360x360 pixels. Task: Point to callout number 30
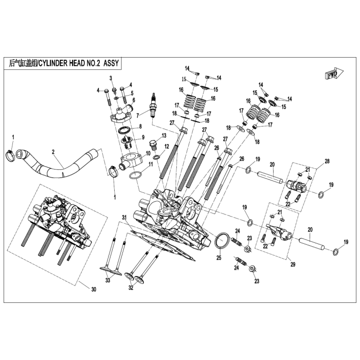coord(93,290)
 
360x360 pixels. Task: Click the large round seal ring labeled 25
coord(222,240)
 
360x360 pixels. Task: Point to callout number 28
coord(326,161)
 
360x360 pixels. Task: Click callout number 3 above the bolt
coord(110,77)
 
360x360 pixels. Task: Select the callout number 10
coord(148,153)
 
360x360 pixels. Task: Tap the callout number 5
coord(132,93)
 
